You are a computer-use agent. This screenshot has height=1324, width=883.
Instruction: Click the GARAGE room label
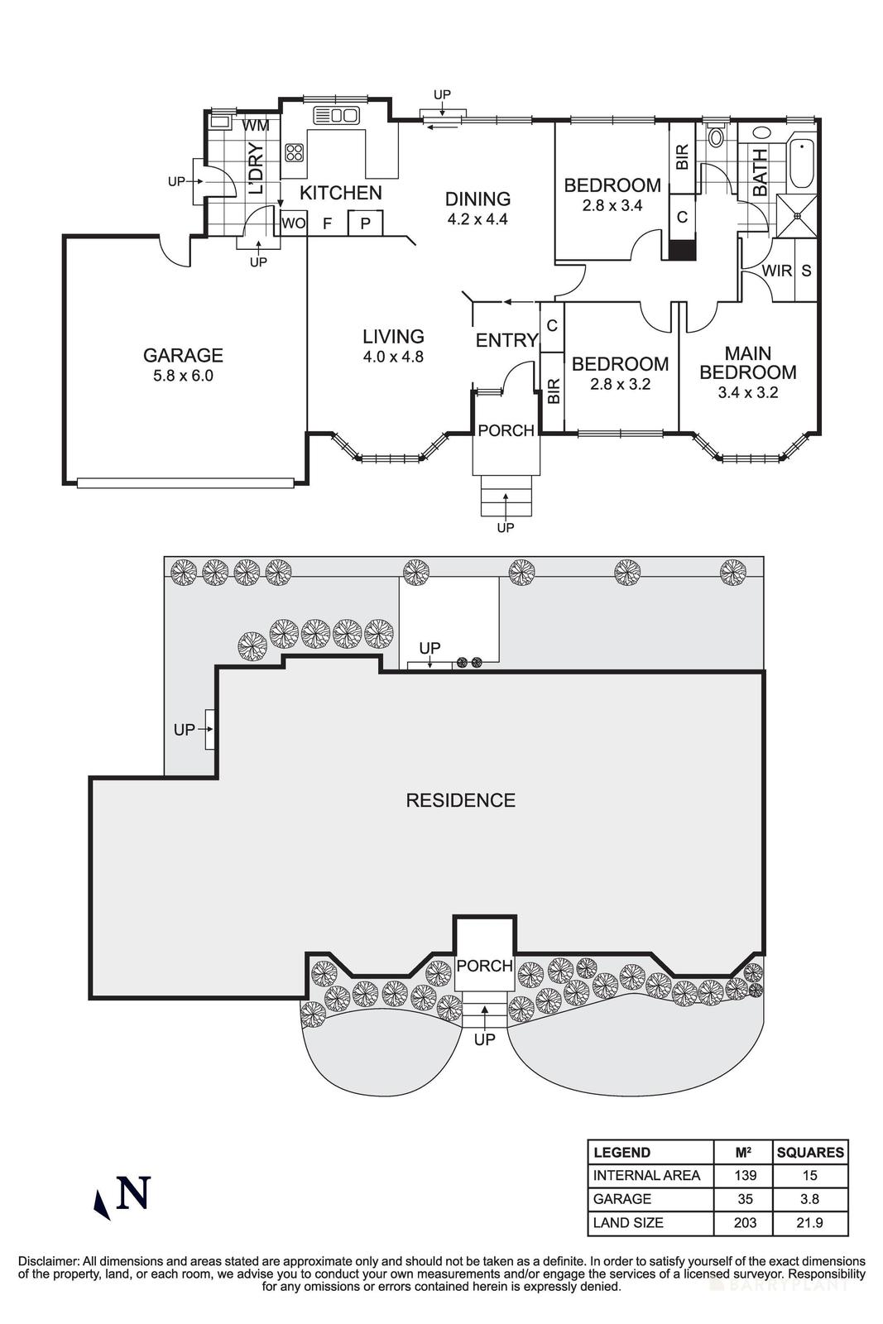pyautogui.click(x=183, y=355)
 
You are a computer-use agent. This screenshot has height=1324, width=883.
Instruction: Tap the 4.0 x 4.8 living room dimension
pyautogui.click(x=393, y=357)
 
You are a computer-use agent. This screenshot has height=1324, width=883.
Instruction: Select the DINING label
pyautogui.click(x=477, y=199)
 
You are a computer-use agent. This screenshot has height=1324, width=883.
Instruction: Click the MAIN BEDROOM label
pyautogui.click(x=747, y=363)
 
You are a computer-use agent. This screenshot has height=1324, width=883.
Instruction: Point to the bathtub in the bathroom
pyautogui.click(x=802, y=164)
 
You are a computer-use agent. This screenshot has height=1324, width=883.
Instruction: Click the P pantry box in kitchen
pyautogui.click(x=365, y=223)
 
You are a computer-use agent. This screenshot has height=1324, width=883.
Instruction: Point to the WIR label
pyautogui.click(x=776, y=271)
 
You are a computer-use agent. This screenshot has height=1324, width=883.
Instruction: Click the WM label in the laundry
pyautogui.click(x=256, y=126)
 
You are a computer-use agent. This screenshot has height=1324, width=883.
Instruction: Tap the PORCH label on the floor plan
pyautogui.click(x=506, y=430)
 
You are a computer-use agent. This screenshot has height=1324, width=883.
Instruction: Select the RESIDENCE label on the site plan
pyautogui.click(x=460, y=800)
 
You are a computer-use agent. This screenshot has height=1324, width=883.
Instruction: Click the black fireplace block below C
pyautogui.click(x=683, y=250)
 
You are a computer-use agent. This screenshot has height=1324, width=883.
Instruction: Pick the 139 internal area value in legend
pyautogui.click(x=742, y=1175)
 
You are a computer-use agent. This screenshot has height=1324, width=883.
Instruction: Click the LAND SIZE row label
pyautogui.click(x=628, y=1222)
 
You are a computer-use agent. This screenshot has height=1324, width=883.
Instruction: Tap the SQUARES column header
pyautogui.click(x=810, y=1152)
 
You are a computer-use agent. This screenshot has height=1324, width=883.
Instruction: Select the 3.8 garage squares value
pyautogui.click(x=810, y=1199)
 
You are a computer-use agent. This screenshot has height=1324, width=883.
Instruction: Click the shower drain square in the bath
pyautogui.click(x=798, y=216)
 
